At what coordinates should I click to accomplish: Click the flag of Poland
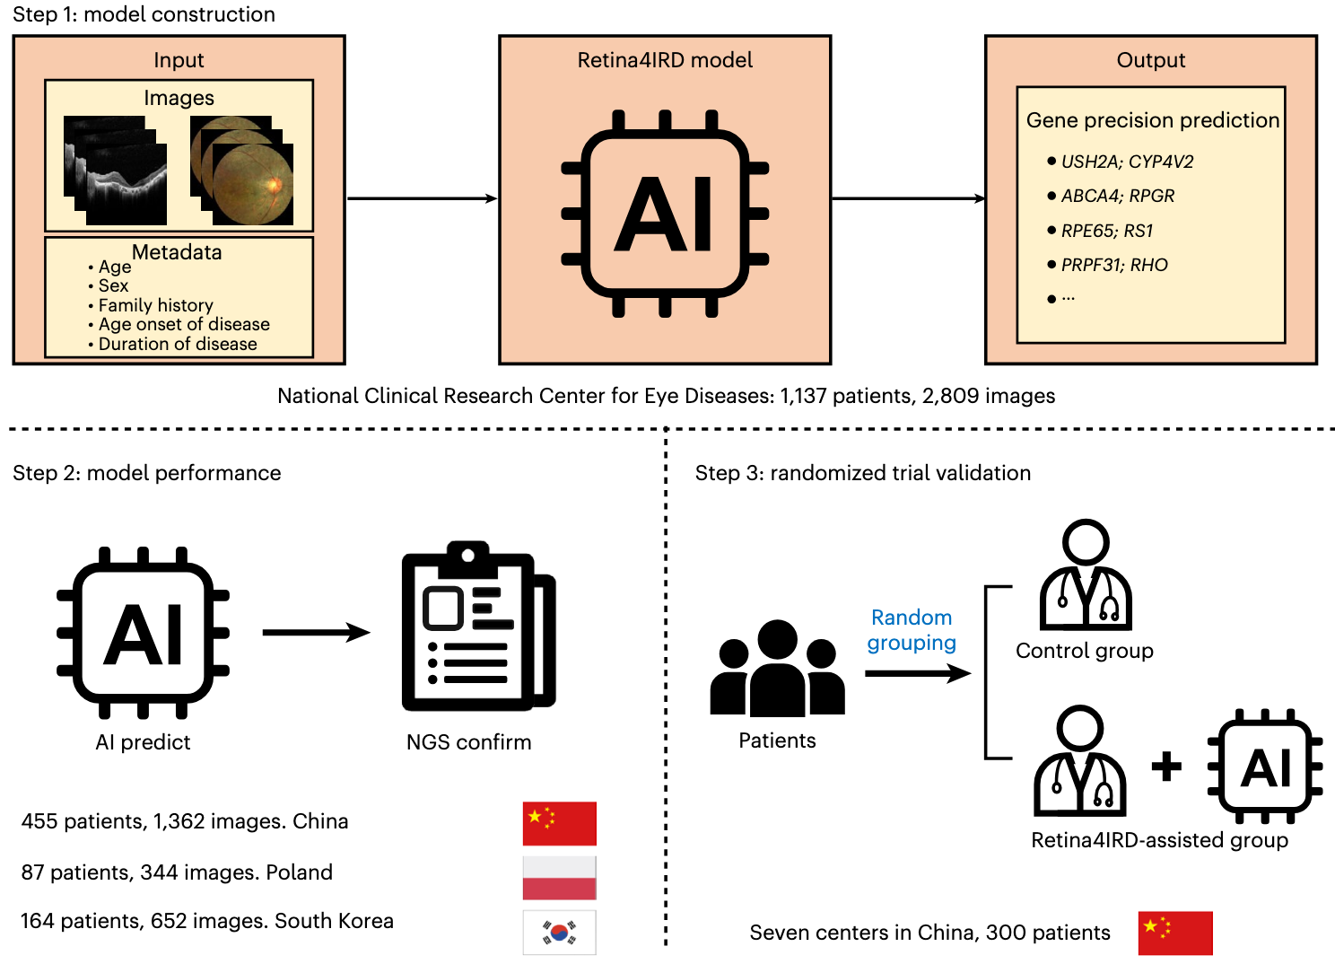click(x=559, y=878)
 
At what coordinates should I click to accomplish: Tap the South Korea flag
click(x=559, y=933)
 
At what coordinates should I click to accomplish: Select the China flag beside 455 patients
click(x=559, y=823)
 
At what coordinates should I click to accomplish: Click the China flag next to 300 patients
click(x=1175, y=933)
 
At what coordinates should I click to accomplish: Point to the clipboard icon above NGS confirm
click(x=478, y=626)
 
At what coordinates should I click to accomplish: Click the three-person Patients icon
click(x=777, y=668)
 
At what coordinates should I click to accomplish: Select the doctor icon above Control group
click(x=1086, y=574)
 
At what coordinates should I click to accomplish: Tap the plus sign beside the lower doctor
click(x=1166, y=766)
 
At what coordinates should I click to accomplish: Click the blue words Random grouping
click(x=912, y=629)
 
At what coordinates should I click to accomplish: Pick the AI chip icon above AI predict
click(x=143, y=633)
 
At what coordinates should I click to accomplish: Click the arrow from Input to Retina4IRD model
click(x=422, y=198)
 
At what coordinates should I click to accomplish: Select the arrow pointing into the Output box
click(x=908, y=198)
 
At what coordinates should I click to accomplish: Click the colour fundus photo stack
click(x=241, y=171)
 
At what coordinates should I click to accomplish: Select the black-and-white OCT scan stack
click(x=115, y=171)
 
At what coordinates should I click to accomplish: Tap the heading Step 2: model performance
click(x=146, y=473)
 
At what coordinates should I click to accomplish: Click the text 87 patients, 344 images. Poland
click(x=177, y=872)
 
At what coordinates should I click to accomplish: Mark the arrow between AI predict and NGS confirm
click(x=317, y=632)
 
